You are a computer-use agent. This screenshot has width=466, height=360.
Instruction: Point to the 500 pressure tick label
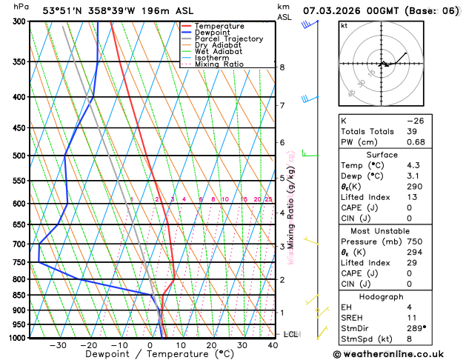(21, 156)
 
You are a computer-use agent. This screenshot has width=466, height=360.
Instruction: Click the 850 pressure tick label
(21, 296)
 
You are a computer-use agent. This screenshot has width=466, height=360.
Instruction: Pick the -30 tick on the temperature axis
(58, 345)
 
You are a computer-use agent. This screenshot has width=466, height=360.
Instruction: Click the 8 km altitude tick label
(282, 67)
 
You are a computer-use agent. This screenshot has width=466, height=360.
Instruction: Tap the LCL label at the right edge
(291, 334)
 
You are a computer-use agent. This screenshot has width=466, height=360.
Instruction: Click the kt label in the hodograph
(344, 26)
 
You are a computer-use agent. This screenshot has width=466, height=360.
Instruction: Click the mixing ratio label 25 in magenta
(268, 199)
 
